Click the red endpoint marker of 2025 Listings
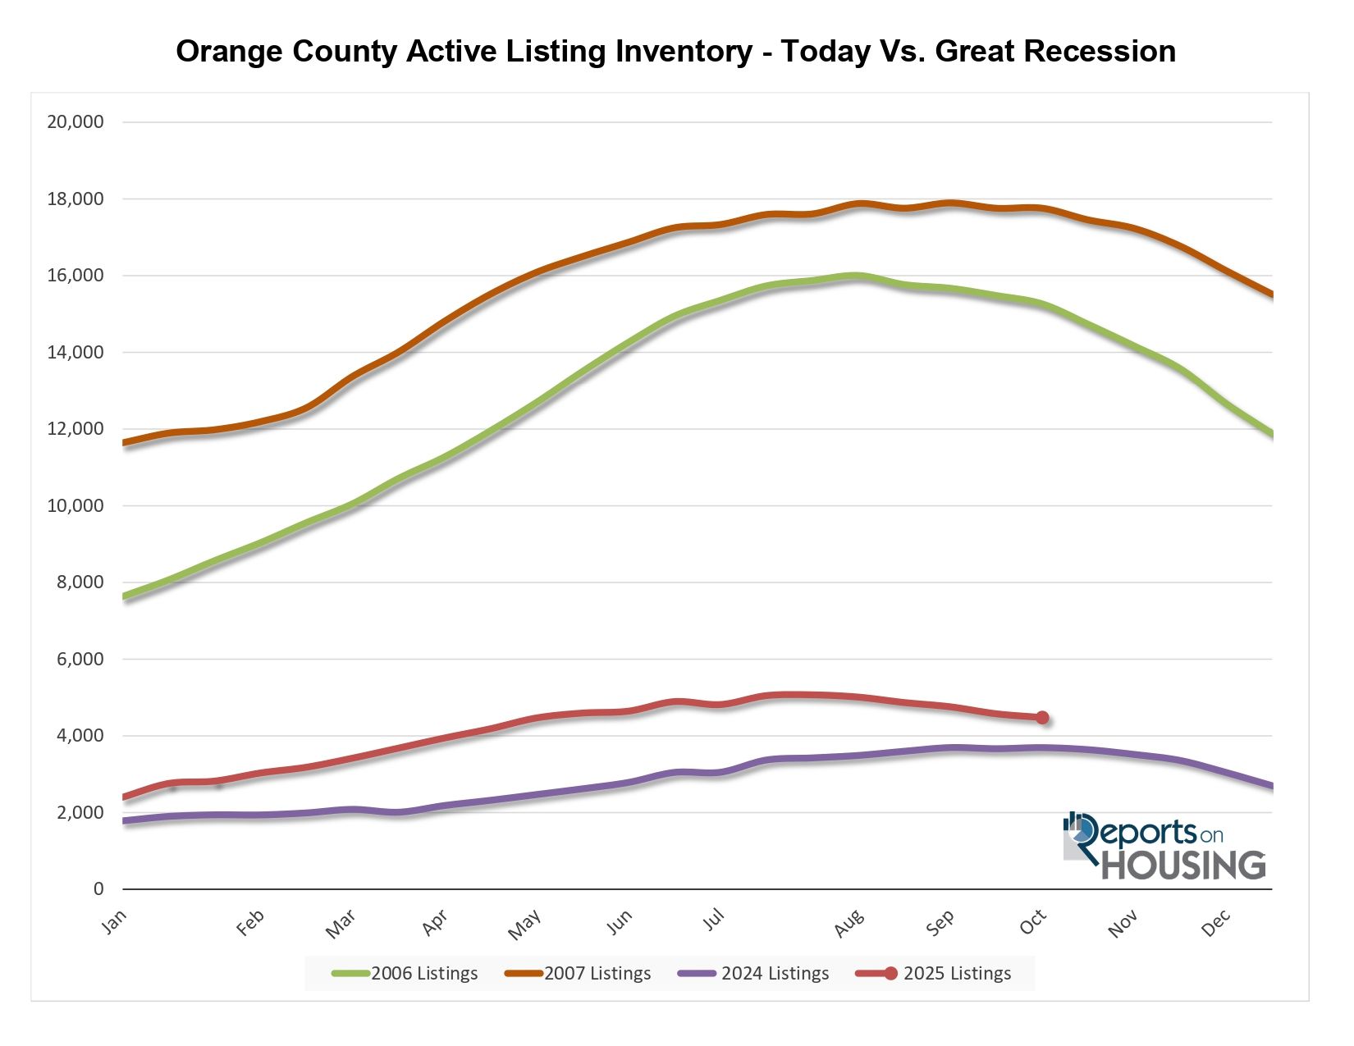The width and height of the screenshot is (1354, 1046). tap(1042, 718)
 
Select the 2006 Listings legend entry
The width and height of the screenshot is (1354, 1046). tap(405, 974)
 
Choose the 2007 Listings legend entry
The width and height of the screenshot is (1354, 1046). tap(579, 974)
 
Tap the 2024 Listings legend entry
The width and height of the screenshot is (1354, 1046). tap(754, 974)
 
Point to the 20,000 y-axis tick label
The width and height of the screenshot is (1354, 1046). tap(75, 122)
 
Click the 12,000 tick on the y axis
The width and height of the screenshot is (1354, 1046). tap(75, 429)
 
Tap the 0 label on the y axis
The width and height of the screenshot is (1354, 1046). tap(98, 889)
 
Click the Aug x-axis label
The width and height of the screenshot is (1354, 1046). tap(849, 924)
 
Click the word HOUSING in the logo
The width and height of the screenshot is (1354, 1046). tap(1183, 866)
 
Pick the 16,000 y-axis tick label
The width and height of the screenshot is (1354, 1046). tap(75, 276)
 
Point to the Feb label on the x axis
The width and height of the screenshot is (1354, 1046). tap(249, 924)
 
